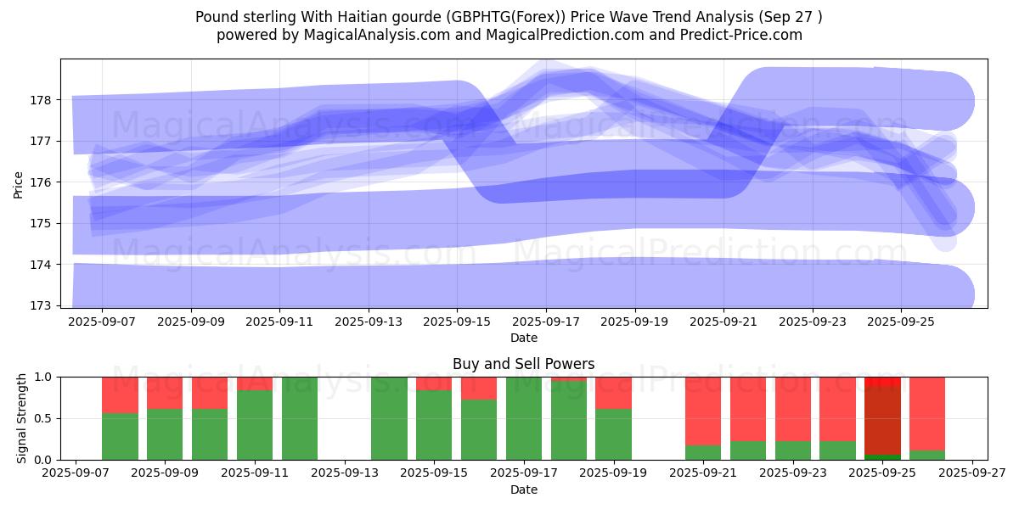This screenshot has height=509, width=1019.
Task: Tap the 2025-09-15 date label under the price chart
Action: [457, 322]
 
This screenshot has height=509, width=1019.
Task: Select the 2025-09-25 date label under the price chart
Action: [901, 322]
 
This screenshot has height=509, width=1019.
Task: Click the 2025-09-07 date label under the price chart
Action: [102, 322]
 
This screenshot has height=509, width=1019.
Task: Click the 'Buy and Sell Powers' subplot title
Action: [523, 364]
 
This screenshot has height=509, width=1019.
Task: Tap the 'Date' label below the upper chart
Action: [523, 338]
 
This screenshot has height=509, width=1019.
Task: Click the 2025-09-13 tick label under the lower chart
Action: [345, 473]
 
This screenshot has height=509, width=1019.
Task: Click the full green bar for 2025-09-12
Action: [300, 418]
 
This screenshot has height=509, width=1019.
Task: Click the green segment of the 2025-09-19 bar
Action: [613, 434]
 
